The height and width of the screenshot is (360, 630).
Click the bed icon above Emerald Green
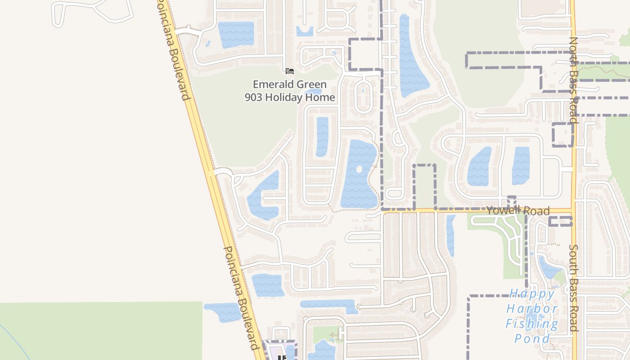tap(290, 71)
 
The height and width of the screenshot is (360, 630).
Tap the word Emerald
tap(270, 84)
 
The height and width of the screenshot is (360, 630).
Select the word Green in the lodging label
tap(309, 84)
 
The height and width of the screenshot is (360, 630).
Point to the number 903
tap(253, 97)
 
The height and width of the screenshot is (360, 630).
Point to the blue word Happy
tap(532, 294)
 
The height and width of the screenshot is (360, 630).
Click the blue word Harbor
tap(532, 309)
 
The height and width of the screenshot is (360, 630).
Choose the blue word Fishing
tap(532, 324)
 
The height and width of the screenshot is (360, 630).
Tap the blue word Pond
tap(532, 338)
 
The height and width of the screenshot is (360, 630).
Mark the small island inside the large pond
tap(359, 169)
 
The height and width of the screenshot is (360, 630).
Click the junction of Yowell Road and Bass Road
tap(573, 210)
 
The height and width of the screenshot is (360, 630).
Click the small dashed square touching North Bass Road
tap(562, 135)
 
